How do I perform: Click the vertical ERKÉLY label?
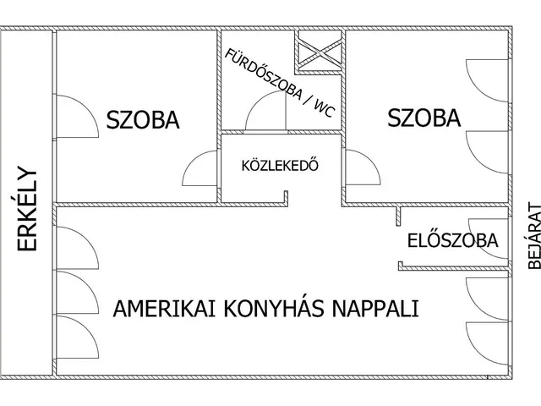pos(28,208)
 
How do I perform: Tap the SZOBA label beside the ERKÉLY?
pos(143,120)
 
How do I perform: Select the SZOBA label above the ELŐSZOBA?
pos(424,118)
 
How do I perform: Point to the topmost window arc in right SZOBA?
pos(489,80)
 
